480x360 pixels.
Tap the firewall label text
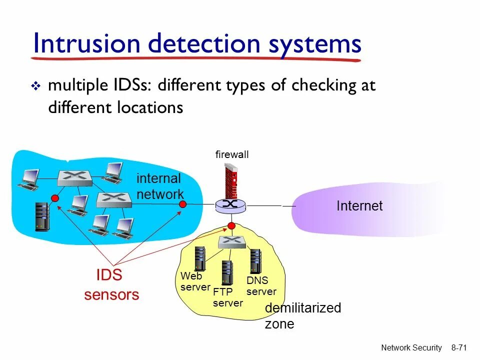click(232, 155)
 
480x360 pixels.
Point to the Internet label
click(359, 206)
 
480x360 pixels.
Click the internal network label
click(159, 186)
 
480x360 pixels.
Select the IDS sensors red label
click(111, 285)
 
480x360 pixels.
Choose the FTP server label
click(227, 297)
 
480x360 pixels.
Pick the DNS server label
click(261, 286)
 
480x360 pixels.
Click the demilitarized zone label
click(302, 315)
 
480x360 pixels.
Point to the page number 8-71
click(458, 348)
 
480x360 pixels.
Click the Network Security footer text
click(411, 348)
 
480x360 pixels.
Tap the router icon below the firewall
click(231, 205)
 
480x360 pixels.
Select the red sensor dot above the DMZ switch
click(231, 226)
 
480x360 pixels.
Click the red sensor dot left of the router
click(183, 204)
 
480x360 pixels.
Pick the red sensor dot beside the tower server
click(55, 198)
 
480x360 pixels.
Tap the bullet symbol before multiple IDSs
click(35, 87)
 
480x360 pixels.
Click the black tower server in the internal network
click(42, 216)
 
